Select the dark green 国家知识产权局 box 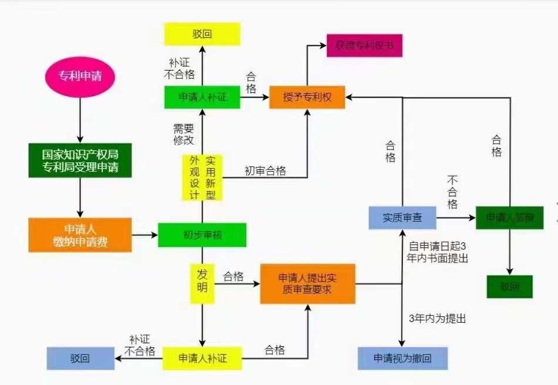[80, 160]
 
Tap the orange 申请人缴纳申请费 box [80, 235]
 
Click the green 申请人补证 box [202, 97]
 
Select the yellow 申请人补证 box [202, 357]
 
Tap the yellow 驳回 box [202, 34]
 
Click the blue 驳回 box [80, 358]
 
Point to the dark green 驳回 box [509, 287]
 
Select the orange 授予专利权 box [307, 97]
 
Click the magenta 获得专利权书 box [364, 46]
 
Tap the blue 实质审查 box [402, 217]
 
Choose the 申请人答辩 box [509, 217]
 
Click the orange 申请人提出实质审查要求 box [307, 283]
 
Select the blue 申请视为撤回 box [402, 358]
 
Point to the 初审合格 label [265, 171]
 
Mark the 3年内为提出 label [437, 319]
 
